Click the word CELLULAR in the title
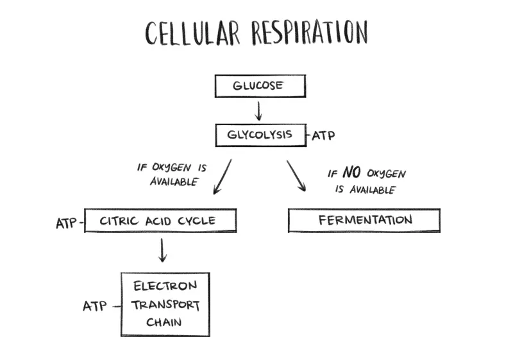tap(193, 33)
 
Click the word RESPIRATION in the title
tap(310, 32)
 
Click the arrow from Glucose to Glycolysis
tap(258, 111)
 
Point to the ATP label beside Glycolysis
tap(323, 135)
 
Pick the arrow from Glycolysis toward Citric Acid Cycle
tap(223, 176)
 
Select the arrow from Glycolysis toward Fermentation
tap(296, 176)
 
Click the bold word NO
tap(351, 172)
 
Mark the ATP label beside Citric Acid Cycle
tap(66, 224)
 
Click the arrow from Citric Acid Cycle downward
tap(162, 250)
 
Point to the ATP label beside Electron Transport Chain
tap(95, 306)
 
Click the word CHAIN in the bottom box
tap(164, 322)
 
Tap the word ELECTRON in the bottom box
tap(165, 286)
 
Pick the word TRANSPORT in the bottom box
tap(165, 305)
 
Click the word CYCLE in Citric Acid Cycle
tap(197, 221)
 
